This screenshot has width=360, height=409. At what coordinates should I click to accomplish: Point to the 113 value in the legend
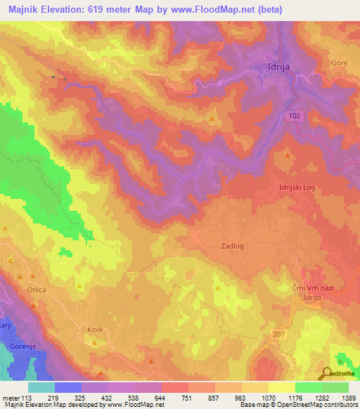[x=28, y=398]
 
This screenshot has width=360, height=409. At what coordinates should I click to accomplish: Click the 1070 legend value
[x=269, y=398]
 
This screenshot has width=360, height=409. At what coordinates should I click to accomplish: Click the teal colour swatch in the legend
[x=41, y=387]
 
